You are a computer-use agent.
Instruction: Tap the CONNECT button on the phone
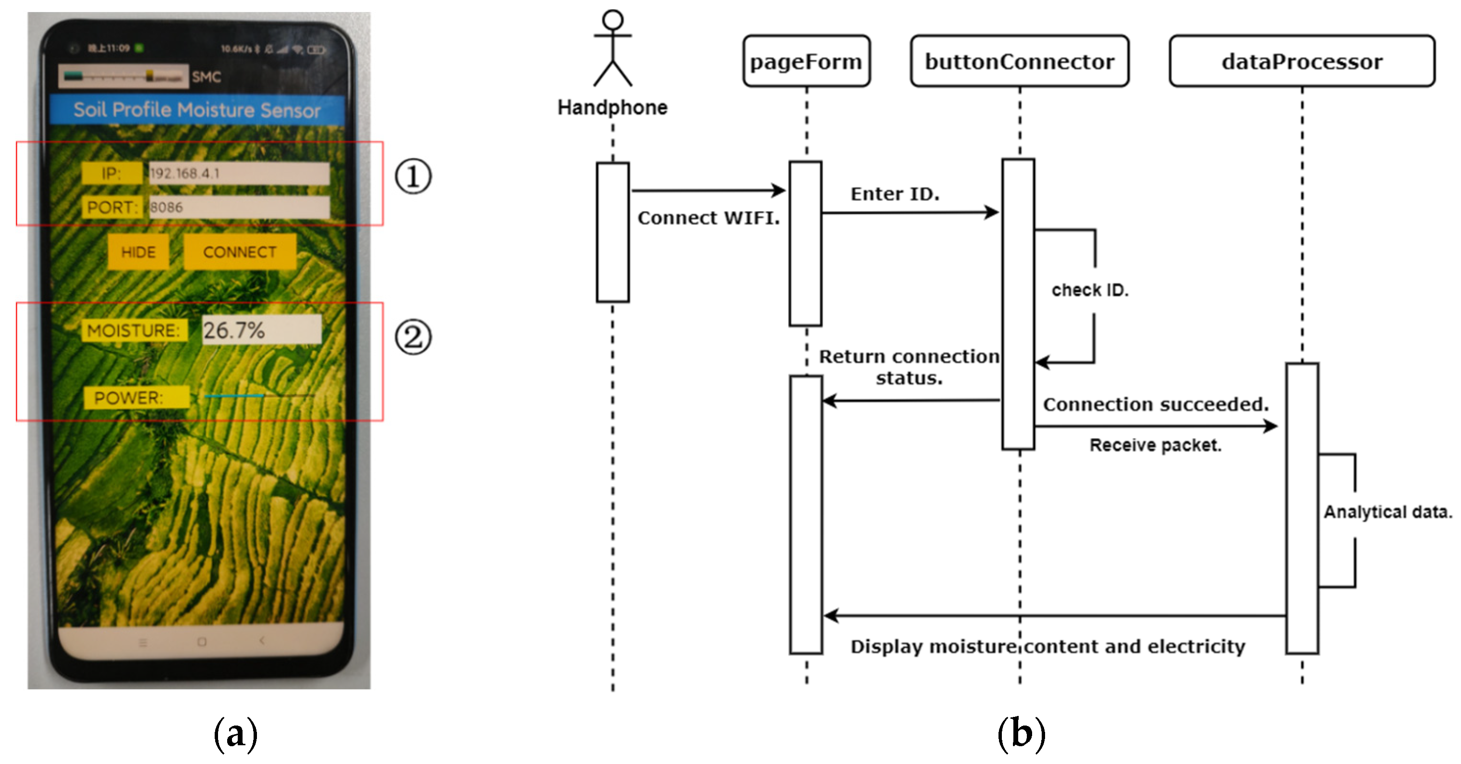239,252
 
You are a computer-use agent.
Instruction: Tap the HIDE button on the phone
138,252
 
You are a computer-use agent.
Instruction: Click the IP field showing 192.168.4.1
238,174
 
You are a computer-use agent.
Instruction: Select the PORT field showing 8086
238,207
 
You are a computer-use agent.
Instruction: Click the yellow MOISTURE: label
134,330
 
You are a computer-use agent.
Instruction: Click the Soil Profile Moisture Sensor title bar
197,110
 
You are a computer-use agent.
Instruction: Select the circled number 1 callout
413,176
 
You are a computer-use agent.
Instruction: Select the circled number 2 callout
413,337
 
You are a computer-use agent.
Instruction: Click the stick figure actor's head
612,20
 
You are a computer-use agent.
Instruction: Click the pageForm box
806,61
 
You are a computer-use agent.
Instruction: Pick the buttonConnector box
1019,61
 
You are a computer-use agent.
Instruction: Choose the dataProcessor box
1302,61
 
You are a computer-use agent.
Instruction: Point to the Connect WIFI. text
708,218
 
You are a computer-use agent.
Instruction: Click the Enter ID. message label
894,194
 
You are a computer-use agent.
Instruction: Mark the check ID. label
1090,290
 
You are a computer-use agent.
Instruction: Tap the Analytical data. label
1387,512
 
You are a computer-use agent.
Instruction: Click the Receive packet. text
1155,445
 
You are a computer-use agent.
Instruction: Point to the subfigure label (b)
1021,734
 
